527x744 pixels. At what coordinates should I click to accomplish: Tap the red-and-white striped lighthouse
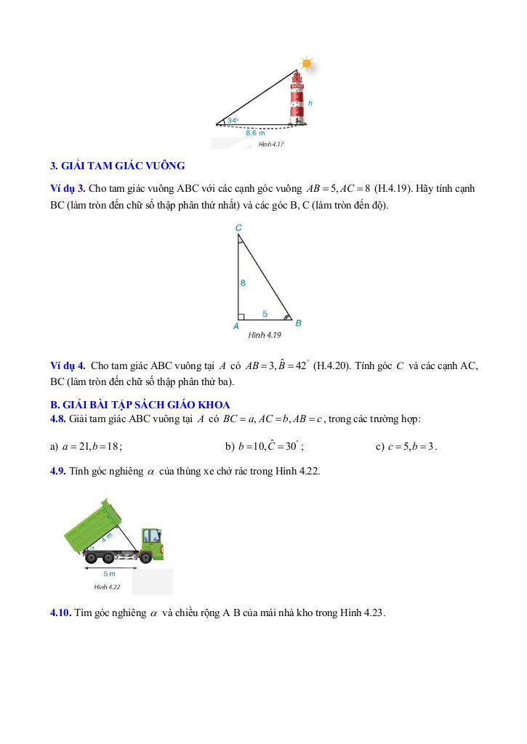tap(297, 99)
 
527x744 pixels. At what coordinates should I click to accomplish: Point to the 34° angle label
tap(232, 120)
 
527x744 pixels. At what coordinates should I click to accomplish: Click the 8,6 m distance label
tap(255, 133)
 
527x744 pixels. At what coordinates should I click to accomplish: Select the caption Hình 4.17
tap(270, 145)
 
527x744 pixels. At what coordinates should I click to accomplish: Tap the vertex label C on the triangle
tap(238, 227)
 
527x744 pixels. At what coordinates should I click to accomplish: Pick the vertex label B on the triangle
tap(298, 323)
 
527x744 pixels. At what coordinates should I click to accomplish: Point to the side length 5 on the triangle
tap(265, 313)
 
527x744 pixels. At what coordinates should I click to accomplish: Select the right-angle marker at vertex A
tap(241, 316)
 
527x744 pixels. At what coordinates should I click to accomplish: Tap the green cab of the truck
tap(150, 538)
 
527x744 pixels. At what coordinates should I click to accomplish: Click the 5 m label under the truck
tap(110, 573)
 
